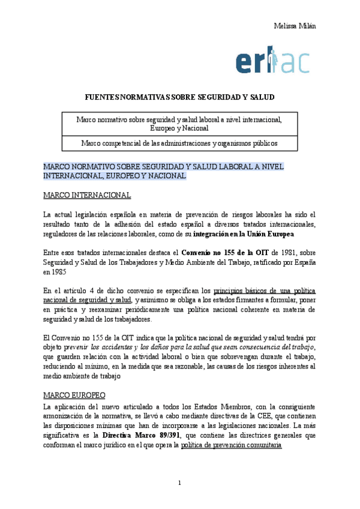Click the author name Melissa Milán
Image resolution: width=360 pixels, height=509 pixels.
pos(295,25)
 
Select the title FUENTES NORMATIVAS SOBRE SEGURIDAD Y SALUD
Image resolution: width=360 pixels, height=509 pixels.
pos(179,97)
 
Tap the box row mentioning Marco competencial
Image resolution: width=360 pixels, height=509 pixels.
pos(179,143)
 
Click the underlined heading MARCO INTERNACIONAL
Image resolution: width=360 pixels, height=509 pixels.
pos(87,195)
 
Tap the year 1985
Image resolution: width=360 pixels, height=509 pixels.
pos(59,272)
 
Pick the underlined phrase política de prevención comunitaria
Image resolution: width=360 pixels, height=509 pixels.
pos(231,446)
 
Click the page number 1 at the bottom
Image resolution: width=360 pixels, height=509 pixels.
pos(179,483)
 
